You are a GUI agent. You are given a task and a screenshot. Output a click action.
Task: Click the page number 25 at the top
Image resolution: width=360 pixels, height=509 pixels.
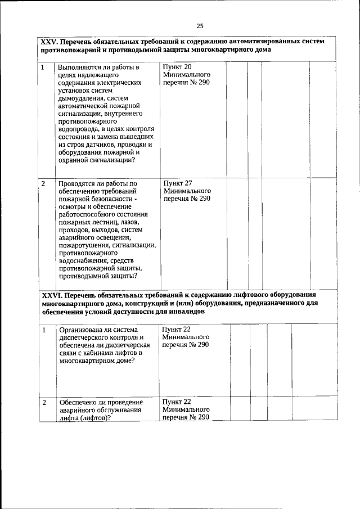200,25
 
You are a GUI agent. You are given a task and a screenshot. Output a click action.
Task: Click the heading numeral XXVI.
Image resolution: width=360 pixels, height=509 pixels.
52,294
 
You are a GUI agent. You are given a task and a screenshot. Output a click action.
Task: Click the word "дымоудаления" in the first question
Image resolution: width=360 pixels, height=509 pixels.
79,98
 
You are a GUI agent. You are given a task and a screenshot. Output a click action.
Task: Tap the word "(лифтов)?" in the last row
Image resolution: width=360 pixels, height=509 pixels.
94,418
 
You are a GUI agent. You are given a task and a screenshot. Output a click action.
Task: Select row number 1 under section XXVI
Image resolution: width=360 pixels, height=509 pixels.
43,330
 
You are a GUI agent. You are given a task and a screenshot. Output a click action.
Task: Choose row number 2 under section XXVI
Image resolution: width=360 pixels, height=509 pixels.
43,403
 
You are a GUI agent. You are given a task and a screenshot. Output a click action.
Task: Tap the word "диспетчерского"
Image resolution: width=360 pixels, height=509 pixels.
84,337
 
